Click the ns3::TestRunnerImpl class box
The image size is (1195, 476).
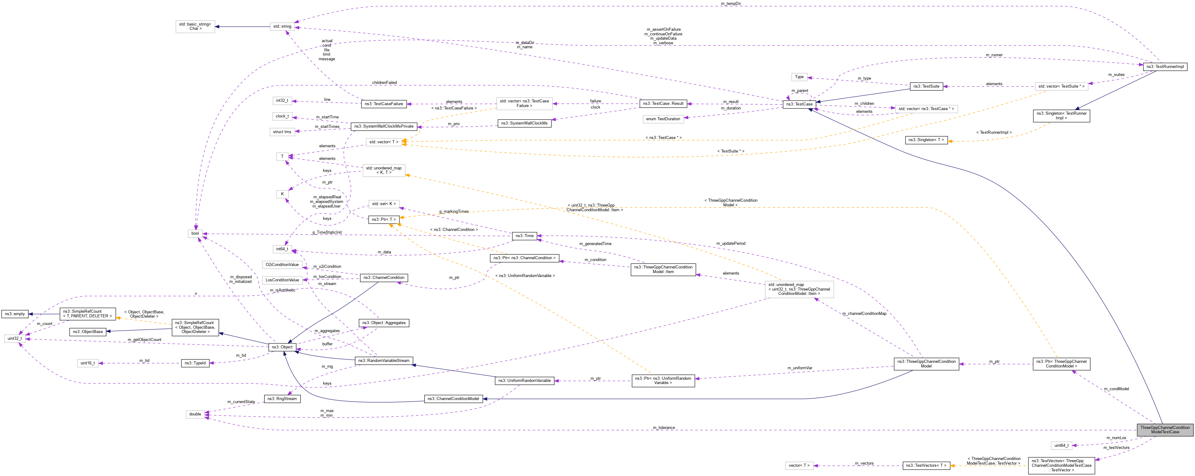(x=1165, y=67)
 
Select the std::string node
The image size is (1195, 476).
(x=282, y=26)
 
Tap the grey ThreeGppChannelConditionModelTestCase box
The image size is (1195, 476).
(x=1165, y=430)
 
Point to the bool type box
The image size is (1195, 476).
(x=195, y=233)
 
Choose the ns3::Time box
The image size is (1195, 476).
(x=524, y=236)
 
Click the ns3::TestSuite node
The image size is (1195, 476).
(x=926, y=86)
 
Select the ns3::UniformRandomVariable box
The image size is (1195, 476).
(x=524, y=380)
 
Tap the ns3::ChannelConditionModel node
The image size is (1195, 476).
(x=453, y=399)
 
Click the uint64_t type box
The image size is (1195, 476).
(x=1061, y=446)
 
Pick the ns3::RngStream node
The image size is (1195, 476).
(x=282, y=399)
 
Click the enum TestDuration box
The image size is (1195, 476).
(x=663, y=119)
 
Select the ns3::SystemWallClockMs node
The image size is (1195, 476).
(x=524, y=123)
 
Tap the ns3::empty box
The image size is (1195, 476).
(x=15, y=314)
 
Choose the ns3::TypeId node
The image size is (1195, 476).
(x=195, y=363)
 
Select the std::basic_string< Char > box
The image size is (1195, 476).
(x=195, y=26)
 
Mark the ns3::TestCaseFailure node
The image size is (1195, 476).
(x=384, y=104)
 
